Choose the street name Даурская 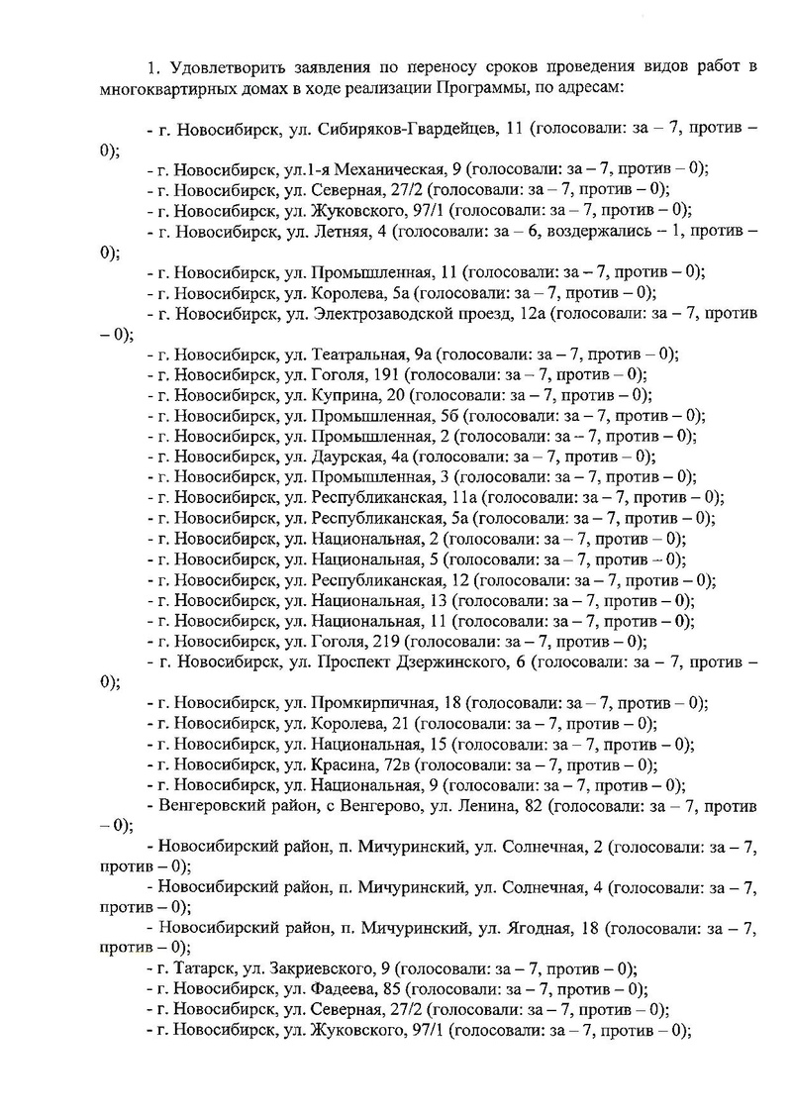click(348, 457)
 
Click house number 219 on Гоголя click(385, 642)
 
